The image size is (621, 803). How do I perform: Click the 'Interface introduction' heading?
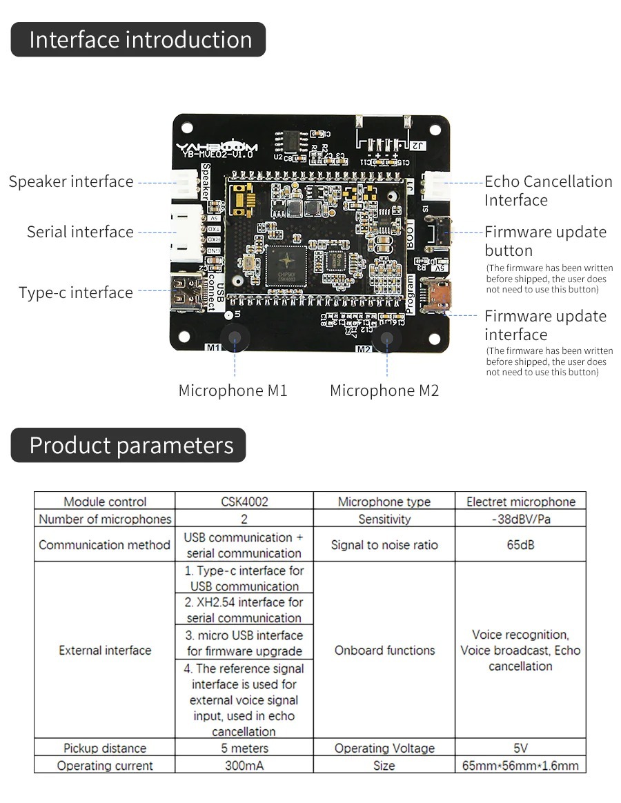pyautogui.click(x=140, y=40)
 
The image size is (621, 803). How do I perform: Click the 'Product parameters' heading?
pyautogui.click(x=131, y=445)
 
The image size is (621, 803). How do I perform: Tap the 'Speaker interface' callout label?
pyautogui.click(x=71, y=181)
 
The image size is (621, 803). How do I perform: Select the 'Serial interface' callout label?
pyautogui.click(x=80, y=232)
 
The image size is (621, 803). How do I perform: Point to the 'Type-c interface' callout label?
pyautogui.click(x=75, y=293)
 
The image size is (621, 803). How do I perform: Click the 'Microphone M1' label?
pyautogui.click(x=233, y=390)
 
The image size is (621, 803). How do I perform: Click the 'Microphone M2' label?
pyautogui.click(x=384, y=390)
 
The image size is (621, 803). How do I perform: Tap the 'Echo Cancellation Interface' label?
pyautogui.click(x=548, y=190)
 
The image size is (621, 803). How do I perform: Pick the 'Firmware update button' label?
pyautogui.click(x=545, y=241)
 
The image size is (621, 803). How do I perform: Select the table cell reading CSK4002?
pyautogui.click(x=244, y=502)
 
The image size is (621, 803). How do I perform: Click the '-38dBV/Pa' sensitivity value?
pyautogui.click(x=520, y=519)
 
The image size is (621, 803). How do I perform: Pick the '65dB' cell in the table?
pyautogui.click(x=520, y=545)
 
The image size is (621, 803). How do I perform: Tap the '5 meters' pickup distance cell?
pyautogui.click(x=244, y=748)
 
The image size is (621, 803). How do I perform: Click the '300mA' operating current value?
pyautogui.click(x=244, y=765)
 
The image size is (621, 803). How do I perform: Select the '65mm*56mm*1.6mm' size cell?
pyautogui.click(x=520, y=765)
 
